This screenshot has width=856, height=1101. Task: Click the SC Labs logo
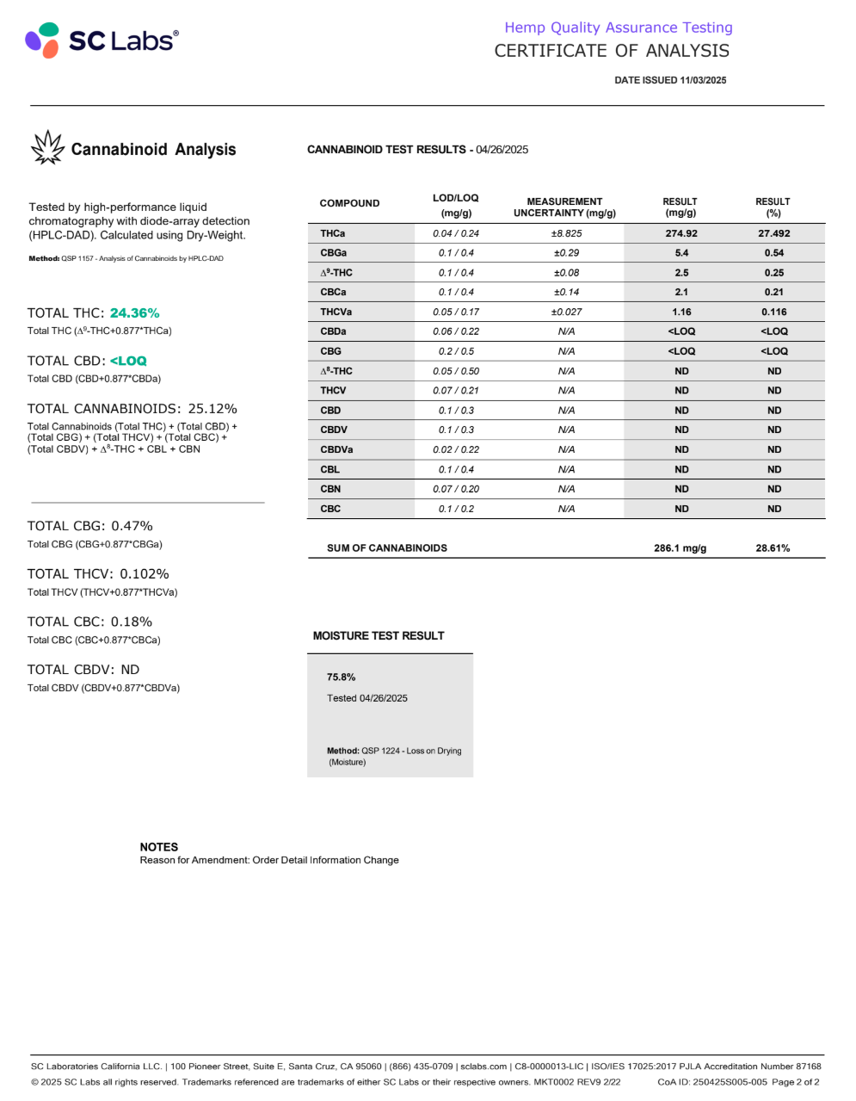click(102, 40)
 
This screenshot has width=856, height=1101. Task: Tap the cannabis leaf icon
click(47, 148)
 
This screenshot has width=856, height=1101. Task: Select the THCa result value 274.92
click(681, 233)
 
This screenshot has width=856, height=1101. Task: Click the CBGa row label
click(334, 253)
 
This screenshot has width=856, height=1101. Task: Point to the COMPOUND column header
click(349, 203)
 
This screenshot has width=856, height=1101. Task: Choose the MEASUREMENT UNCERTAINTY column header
click(564, 207)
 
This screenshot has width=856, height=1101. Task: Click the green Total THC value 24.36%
click(135, 313)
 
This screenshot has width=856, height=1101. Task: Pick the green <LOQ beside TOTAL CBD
click(129, 361)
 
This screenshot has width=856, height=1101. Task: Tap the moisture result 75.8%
click(341, 677)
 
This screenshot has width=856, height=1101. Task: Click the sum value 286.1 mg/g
click(680, 548)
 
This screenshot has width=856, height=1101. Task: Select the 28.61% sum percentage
click(773, 548)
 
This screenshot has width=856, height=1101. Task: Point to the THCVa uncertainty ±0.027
click(566, 312)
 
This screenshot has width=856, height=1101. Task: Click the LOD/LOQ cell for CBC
click(456, 509)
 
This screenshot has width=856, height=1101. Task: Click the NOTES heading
click(159, 847)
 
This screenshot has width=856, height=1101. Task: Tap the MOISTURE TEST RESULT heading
click(379, 636)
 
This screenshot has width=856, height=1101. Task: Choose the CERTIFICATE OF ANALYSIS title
click(612, 51)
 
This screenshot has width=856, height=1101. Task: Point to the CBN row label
click(330, 489)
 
